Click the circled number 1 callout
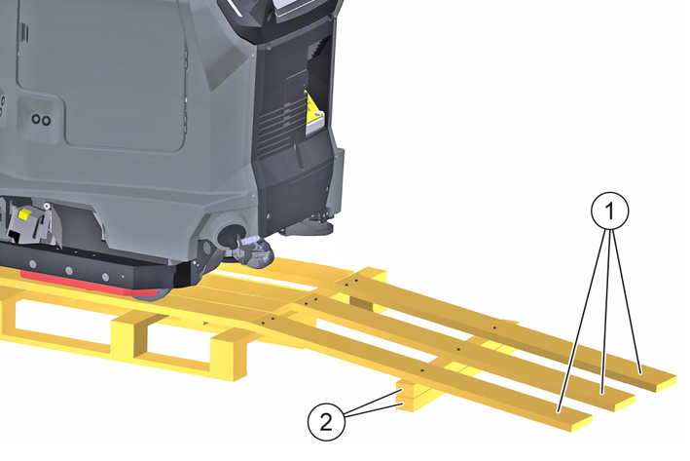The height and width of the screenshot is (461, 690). [609, 211]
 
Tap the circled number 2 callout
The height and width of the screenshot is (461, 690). [326, 422]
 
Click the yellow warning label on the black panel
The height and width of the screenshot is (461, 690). [313, 113]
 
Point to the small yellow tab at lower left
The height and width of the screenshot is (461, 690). [24, 215]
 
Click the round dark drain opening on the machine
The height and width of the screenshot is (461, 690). [233, 232]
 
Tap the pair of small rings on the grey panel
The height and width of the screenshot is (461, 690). [41, 119]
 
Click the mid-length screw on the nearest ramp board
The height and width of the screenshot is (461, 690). [421, 370]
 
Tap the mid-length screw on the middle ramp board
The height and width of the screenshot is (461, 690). [458, 350]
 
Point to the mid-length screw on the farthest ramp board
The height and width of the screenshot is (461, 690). [494, 328]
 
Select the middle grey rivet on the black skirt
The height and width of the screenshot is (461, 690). [69, 270]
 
